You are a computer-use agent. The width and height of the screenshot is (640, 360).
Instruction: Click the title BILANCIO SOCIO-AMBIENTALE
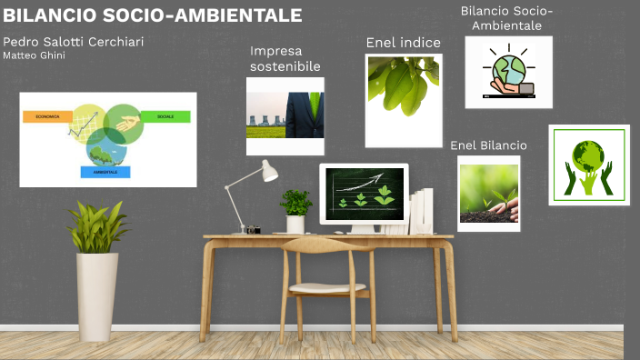153,15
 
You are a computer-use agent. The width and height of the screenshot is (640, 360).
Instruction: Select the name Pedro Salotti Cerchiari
73,42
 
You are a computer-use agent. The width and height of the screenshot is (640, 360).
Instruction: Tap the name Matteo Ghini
34,56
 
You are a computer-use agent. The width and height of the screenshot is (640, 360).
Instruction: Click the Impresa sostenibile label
285,58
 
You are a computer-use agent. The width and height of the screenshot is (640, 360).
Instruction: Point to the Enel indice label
403,43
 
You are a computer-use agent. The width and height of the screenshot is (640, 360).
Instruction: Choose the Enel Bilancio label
488,145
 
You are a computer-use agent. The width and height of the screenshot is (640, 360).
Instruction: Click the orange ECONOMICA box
47,117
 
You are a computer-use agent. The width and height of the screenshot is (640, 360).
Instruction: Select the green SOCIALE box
165,116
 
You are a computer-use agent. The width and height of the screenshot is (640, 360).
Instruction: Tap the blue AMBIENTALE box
105,172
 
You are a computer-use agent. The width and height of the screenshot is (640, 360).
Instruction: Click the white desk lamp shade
269,171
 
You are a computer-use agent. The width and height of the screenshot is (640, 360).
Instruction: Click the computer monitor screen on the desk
364,191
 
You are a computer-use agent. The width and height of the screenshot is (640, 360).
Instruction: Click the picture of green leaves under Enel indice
404,100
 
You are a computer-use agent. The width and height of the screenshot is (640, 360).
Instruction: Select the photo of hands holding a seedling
488,193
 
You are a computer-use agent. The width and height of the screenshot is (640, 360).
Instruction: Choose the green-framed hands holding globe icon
588,165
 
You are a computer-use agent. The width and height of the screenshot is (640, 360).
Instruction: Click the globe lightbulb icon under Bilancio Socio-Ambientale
508,72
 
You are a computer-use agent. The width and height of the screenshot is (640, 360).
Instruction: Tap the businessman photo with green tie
285,115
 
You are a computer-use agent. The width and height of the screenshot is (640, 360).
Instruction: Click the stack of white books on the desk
422,212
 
